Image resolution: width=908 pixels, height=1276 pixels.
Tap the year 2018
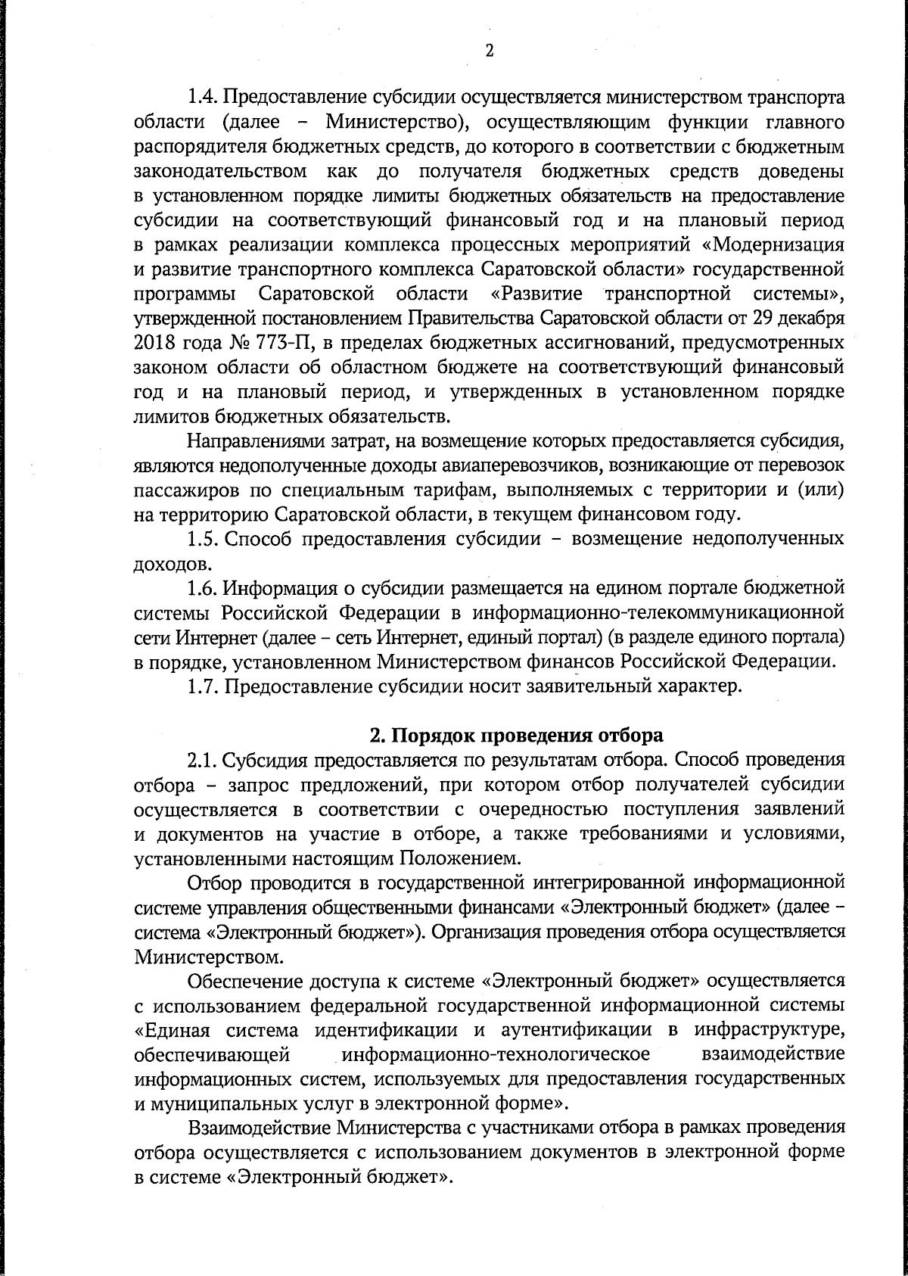coord(155,343)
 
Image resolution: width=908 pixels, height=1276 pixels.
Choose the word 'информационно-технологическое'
coord(496,1053)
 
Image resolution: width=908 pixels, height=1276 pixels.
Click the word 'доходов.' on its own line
coord(167,564)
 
